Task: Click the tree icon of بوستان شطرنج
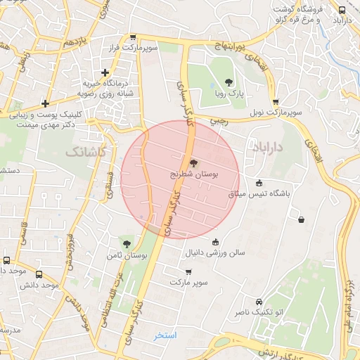tap(194, 161)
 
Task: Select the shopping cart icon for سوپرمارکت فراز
tap(133, 37)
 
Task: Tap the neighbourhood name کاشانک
tap(84, 151)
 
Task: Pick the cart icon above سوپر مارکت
tap(188, 271)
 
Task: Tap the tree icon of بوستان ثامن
tap(127, 245)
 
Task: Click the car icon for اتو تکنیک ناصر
tap(259, 300)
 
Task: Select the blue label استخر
tap(166, 336)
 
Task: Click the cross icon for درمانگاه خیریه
tap(105, 72)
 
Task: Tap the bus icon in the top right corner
tap(342, 10)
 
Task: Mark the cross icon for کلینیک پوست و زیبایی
tap(46, 103)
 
